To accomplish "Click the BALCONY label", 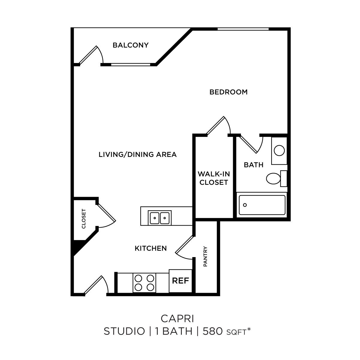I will click(x=130, y=45).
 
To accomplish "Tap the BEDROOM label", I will click(x=228, y=92).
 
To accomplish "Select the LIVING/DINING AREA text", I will click(x=138, y=155).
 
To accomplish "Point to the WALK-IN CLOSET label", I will click(x=214, y=178).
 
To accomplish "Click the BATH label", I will click(x=253, y=165).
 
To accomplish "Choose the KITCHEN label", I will click(x=151, y=248).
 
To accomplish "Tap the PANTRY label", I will click(x=205, y=256).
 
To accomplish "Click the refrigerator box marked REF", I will click(x=180, y=281).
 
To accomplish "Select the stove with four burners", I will click(x=144, y=282).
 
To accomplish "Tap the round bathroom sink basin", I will click(x=279, y=150).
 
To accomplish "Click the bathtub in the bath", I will click(x=262, y=205).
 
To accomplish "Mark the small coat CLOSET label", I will click(x=84, y=219).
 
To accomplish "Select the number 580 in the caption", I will click(x=213, y=331).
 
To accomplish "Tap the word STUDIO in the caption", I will click(x=124, y=331).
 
